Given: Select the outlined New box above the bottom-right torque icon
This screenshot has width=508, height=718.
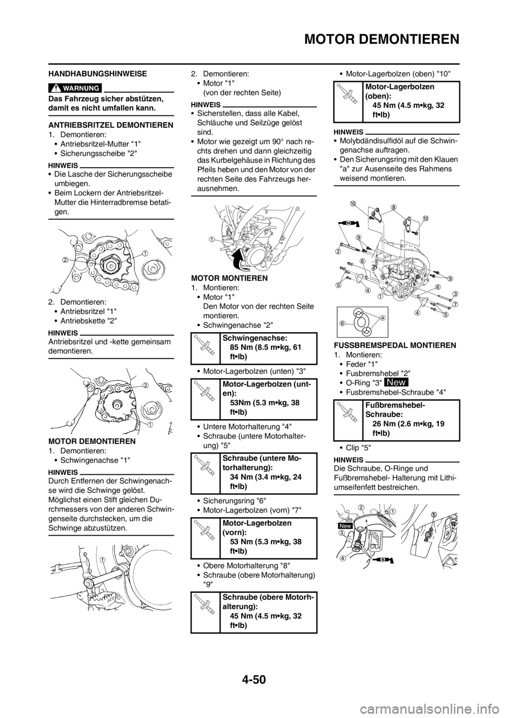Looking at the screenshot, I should click(x=396, y=382).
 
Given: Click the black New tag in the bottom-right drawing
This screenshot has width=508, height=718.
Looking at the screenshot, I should click(x=345, y=526).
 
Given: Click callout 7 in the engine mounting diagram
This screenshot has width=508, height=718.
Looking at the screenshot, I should click(x=455, y=305).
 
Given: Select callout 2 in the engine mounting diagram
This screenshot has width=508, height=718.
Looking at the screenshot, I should click(x=337, y=252).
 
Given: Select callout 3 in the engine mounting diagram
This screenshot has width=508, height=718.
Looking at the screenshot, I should click(x=455, y=293).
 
